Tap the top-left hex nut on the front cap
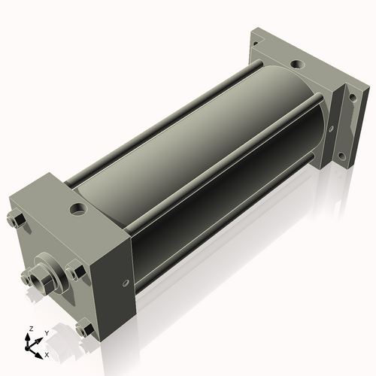click(17, 220)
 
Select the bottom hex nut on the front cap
click(83, 329)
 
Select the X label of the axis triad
click(47, 353)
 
